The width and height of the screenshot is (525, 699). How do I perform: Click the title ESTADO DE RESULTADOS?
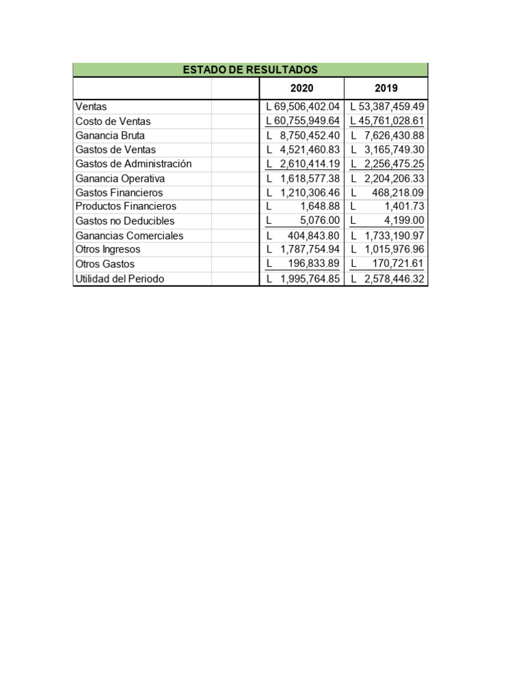click(x=250, y=70)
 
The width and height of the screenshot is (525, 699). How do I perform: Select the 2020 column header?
click(x=301, y=89)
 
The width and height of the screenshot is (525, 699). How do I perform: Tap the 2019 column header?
click(x=386, y=89)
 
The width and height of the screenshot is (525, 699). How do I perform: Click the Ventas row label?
click(x=91, y=106)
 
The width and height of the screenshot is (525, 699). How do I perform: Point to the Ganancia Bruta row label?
click(x=110, y=135)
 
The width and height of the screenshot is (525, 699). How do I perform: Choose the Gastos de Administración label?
click(x=133, y=164)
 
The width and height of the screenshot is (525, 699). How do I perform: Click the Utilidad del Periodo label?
click(x=120, y=279)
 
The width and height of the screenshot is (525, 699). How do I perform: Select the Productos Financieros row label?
click(x=126, y=206)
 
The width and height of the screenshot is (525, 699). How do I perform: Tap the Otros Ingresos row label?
click(x=108, y=250)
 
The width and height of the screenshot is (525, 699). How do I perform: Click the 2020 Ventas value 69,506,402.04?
click(x=306, y=106)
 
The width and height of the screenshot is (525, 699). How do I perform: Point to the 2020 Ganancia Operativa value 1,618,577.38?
click(x=310, y=178)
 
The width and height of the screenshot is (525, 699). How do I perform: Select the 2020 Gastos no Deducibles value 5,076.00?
click(x=320, y=220)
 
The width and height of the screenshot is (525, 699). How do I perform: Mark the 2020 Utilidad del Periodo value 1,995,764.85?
click(x=310, y=279)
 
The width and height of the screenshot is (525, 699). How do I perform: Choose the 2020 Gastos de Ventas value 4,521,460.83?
click(x=310, y=149)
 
